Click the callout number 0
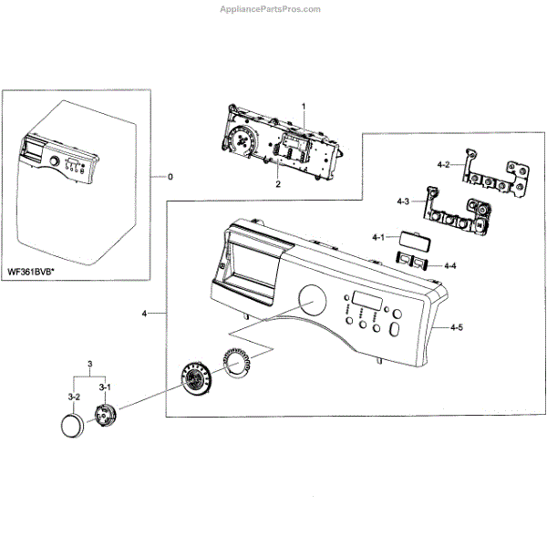pyautogui.click(x=169, y=175)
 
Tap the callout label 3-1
pyautogui.click(x=104, y=387)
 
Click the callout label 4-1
pyautogui.click(x=378, y=237)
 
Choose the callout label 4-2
pyautogui.click(x=443, y=165)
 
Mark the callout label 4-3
pyautogui.click(x=403, y=200)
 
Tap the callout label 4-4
pyautogui.click(x=449, y=265)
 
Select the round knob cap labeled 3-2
pyautogui.click(x=72, y=425)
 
